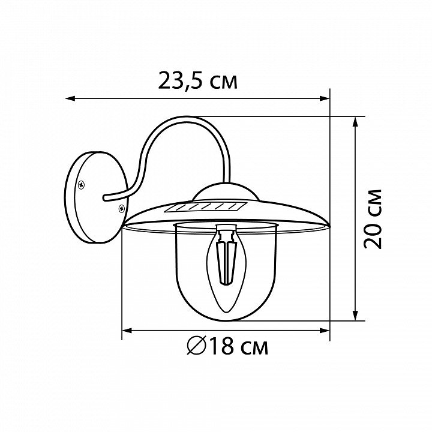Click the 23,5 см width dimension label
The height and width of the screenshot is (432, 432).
coord(197,81)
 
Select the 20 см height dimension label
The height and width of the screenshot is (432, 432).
coord(373,219)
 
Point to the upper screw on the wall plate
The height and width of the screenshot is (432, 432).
coord(81,185)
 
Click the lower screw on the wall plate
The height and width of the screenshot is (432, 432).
coord(121,209)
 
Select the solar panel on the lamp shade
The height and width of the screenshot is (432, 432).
coord(206,207)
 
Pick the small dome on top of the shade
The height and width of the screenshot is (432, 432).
coord(226,191)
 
